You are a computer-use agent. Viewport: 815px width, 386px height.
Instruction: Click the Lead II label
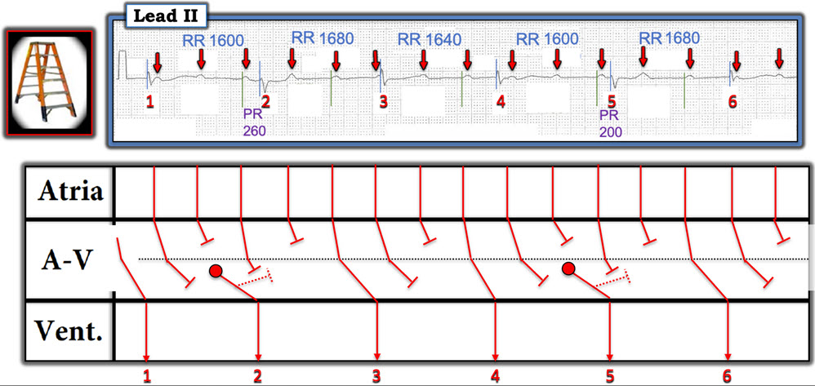(x=166, y=16)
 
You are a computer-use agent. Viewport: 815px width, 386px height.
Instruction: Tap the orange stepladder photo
(x=49, y=83)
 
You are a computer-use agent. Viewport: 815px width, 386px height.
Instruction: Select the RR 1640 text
(x=430, y=39)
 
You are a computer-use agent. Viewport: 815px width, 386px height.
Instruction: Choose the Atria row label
(x=69, y=193)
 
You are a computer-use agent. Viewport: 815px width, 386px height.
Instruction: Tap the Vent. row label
(x=68, y=330)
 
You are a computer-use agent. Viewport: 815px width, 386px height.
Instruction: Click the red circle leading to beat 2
(x=216, y=270)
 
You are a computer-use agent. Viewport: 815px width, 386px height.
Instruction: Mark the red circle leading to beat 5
(x=568, y=268)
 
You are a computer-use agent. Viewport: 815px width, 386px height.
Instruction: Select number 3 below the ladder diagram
(x=376, y=375)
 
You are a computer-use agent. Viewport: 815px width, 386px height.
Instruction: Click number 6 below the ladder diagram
(x=727, y=375)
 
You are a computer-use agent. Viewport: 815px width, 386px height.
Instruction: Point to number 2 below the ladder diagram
(x=257, y=375)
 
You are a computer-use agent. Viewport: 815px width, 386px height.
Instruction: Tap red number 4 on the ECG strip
(x=501, y=101)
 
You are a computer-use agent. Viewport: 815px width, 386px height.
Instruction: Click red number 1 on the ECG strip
(x=149, y=102)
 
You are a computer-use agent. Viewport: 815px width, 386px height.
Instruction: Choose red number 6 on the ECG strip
(x=733, y=102)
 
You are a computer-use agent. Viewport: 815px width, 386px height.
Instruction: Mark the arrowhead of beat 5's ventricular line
(x=610, y=357)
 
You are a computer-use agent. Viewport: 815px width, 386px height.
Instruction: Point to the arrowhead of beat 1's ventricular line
(x=146, y=357)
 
